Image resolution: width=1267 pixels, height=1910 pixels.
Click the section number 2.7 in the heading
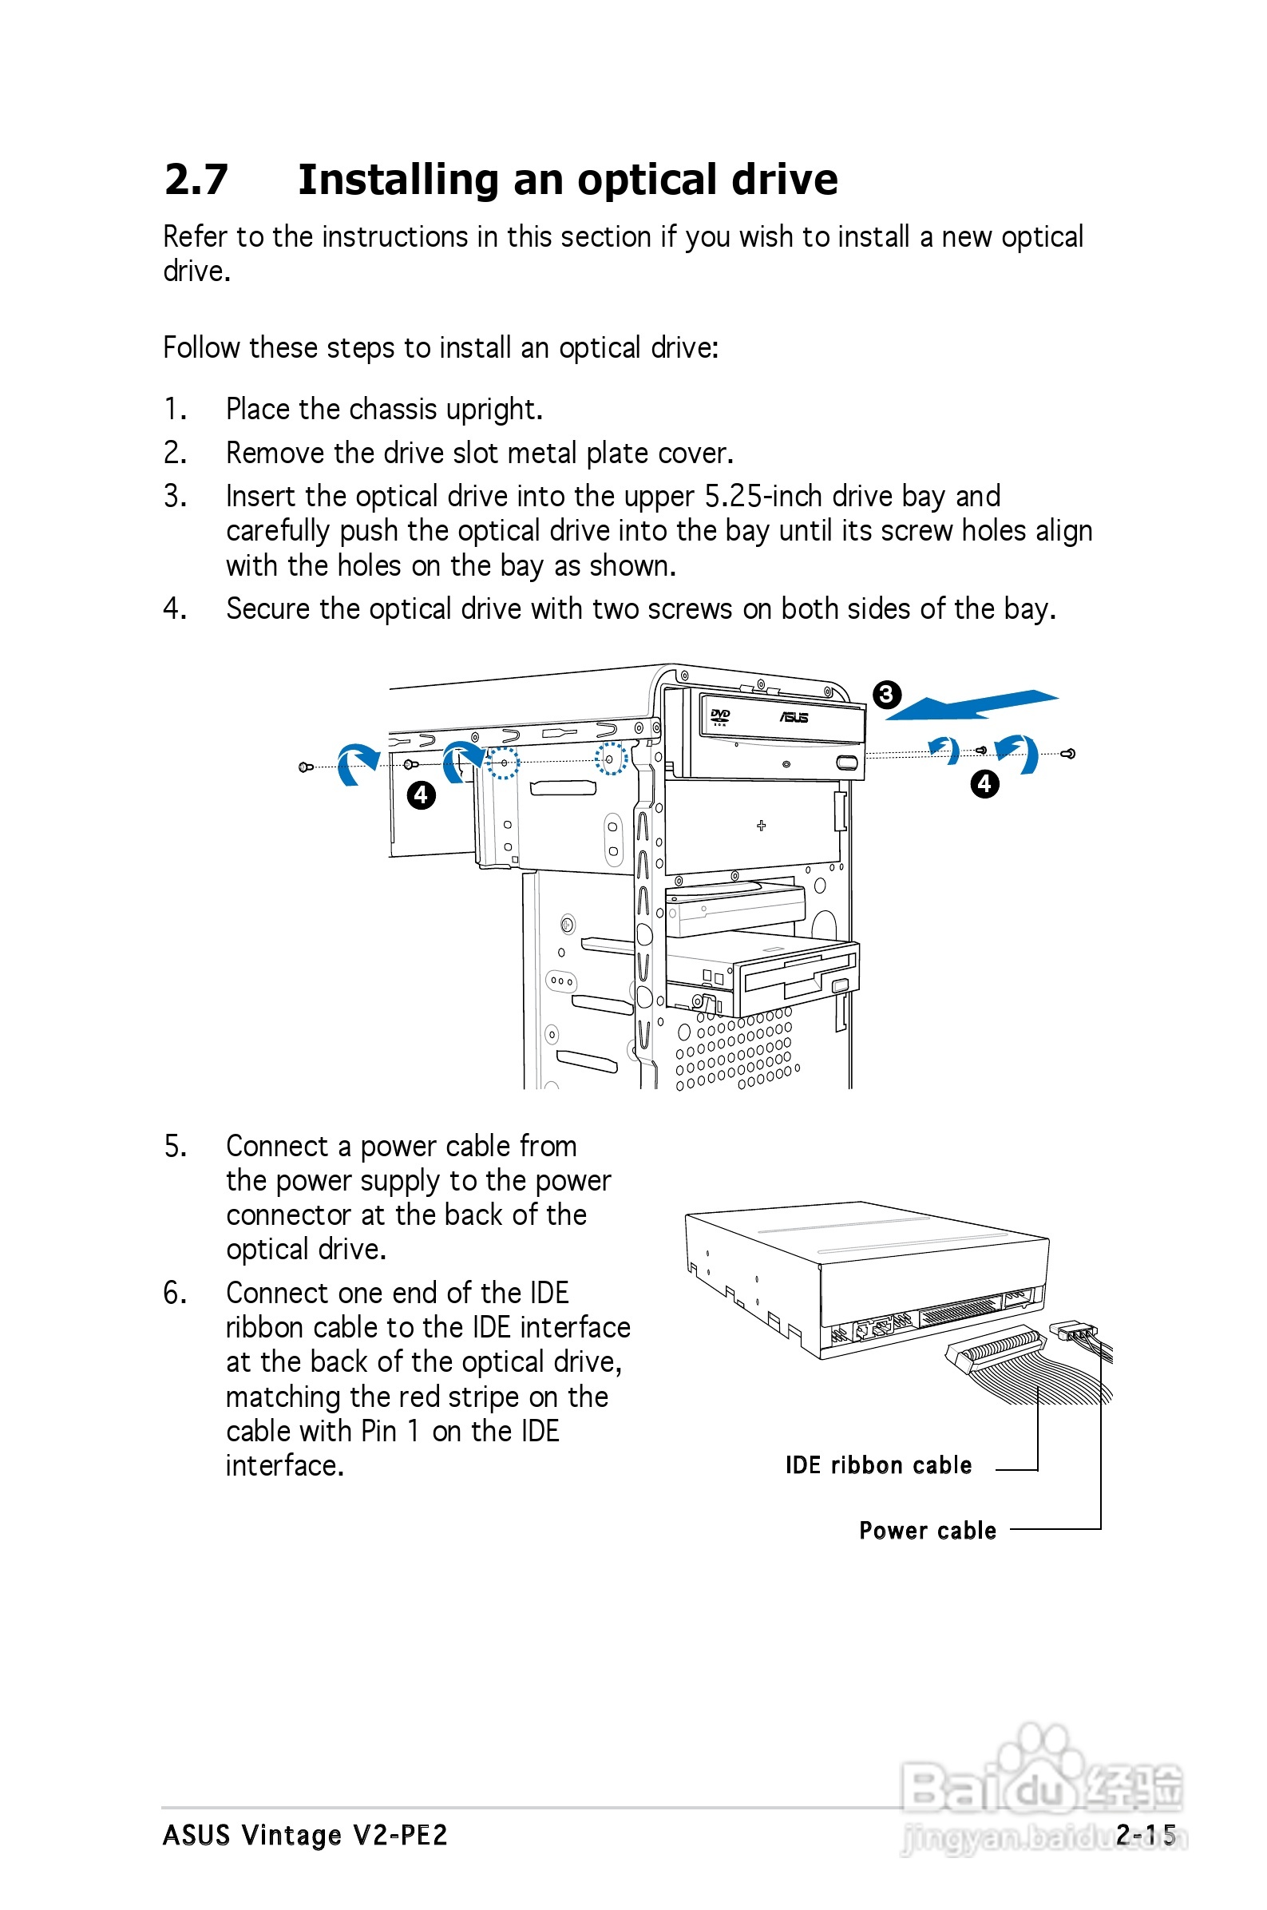pyautogui.click(x=196, y=180)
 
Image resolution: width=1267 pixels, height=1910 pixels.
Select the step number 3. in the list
pyautogui.click(x=176, y=496)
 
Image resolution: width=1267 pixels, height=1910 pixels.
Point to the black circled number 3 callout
pyautogui.click(x=886, y=694)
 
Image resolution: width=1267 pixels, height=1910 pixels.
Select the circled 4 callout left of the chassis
pyautogui.click(x=421, y=795)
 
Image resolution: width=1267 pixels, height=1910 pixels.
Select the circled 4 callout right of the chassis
pyautogui.click(x=984, y=783)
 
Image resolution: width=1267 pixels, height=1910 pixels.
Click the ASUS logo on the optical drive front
pyautogui.click(x=794, y=718)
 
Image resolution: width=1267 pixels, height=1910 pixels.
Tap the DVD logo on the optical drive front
pyautogui.click(x=719, y=715)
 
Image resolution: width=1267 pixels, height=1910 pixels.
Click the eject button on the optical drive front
pyautogui.click(x=847, y=763)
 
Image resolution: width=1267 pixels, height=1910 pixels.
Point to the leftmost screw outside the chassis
pyautogui.click(x=306, y=767)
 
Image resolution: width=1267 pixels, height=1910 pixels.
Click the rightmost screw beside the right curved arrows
pyautogui.click(x=1068, y=754)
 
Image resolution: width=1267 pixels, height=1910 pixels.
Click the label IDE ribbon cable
pyautogui.click(x=877, y=1464)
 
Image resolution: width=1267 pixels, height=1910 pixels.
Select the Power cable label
pyautogui.click(x=927, y=1530)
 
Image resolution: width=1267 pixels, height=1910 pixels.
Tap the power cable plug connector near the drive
pyautogui.click(x=1071, y=1329)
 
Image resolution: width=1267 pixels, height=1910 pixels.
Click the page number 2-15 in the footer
pyautogui.click(x=1145, y=1835)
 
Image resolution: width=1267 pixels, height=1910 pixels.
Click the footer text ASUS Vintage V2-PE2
pyautogui.click(x=305, y=1835)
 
